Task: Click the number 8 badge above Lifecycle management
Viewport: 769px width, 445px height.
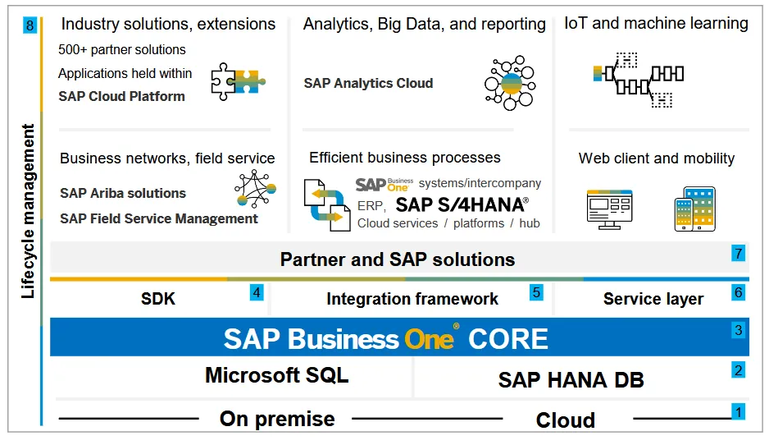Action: [30, 26]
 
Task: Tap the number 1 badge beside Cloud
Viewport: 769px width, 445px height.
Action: [738, 411]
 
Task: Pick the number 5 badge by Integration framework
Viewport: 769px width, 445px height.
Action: [536, 291]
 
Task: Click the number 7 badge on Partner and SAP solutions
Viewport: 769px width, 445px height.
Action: [738, 254]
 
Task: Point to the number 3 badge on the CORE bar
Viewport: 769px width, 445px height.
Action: [738, 331]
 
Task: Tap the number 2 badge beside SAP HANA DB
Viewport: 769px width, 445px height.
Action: [738, 369]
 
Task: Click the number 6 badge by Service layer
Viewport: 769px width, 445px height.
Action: [738, 291]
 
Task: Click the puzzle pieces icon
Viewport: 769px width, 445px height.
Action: [239, 80]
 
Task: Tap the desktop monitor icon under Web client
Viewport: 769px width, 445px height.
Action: [609, 208]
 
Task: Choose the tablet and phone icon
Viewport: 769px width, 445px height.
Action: [695, 209]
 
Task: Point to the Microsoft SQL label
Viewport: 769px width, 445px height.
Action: [276, 375]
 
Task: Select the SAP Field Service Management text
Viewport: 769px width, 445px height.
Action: [159, 218]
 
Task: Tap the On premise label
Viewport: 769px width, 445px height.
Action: [277, 419]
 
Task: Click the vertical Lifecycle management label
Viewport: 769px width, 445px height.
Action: [30, 211]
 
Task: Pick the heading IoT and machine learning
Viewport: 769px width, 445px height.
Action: [656, 23]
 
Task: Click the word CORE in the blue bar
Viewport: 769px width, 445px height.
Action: [508, 338]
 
